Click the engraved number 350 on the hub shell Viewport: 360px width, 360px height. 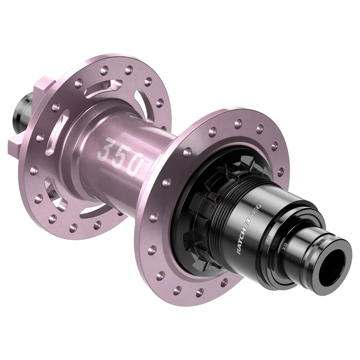(x=120, y=156)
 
